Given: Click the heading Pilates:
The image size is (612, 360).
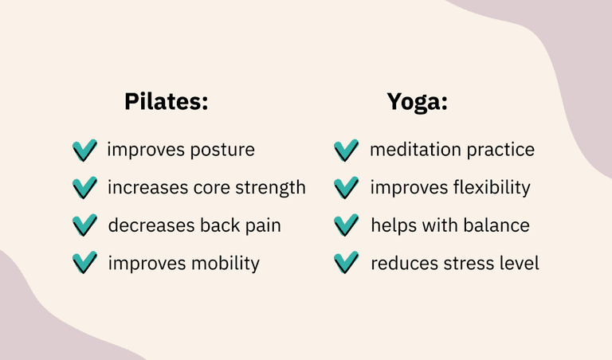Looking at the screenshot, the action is click(167, 101).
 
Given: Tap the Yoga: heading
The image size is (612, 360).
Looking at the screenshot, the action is click(417, 103).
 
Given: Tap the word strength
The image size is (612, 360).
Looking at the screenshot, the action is click(270, 188).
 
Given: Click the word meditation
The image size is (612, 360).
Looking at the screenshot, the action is click(415, 150).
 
